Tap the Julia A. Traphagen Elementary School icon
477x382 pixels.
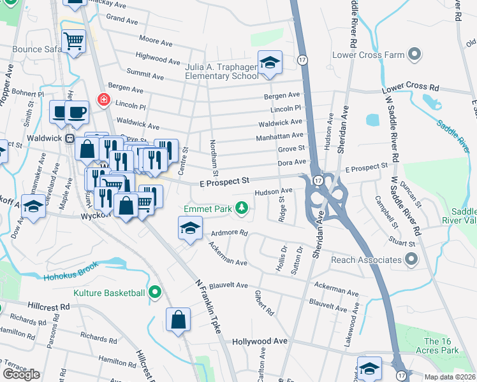pos(270,63)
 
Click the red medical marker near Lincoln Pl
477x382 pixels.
pos(103,99)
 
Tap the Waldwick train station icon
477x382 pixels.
pos(71,138)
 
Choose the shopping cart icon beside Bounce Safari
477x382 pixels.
pos(74,42)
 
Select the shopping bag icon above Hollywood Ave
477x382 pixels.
pos(179,320)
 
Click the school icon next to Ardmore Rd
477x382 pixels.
pos(189,229)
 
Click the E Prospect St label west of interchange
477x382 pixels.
pos(221,181)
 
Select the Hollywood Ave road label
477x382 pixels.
pos(260,341)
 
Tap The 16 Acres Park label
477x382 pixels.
pos(441,346)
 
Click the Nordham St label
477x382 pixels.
pos(215,159)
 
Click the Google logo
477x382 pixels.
pos(21,374)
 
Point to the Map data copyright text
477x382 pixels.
pos(450,377)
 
